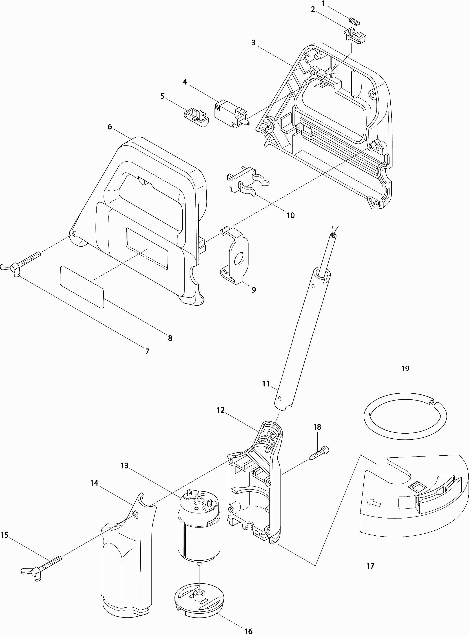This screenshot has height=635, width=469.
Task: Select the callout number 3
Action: pyautogui.click(x=253, y=43)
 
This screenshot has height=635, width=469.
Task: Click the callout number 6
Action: pyautogui.click(x=110, y=127)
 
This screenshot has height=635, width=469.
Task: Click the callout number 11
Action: pyautogui.click(x=266, y=384)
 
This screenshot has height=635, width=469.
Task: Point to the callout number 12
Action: pyautogui.click(x=221, y=410)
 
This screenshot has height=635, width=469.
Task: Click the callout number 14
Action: pyautogui.click(x=94, y=483)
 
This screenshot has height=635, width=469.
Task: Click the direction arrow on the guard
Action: pyautogui.click(x=373, y=503)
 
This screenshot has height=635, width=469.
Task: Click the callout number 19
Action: pyautogui.click(x=405, y=368)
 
